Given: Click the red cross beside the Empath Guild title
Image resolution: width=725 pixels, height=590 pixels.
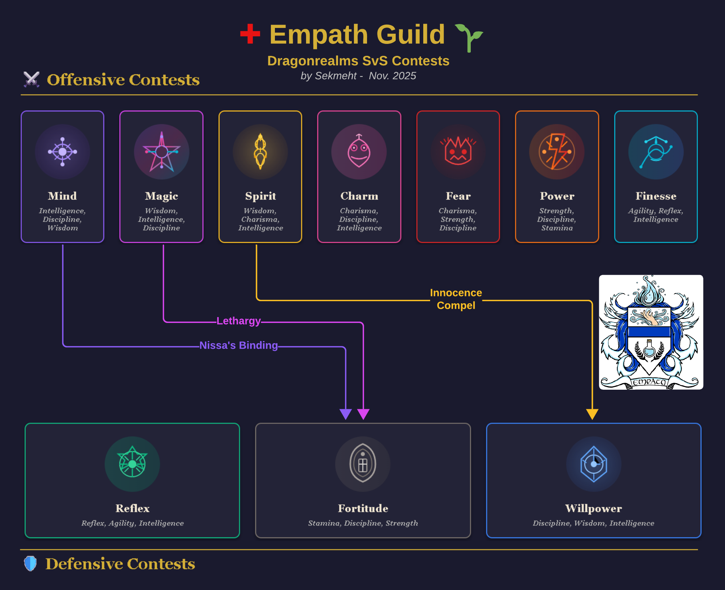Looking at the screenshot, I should [250, 34].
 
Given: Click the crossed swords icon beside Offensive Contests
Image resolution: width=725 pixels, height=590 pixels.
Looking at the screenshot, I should [32, 79].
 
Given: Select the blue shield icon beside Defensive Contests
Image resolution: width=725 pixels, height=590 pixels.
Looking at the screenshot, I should [30, 564].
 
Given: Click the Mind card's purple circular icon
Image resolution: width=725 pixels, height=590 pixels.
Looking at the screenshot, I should [62, 152].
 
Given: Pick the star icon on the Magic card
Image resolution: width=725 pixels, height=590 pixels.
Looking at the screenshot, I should [161, 152].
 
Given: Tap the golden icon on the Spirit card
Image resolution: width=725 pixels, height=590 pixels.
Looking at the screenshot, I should [260, 152].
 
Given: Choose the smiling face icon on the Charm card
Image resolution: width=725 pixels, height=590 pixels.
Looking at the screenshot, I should [359, 152].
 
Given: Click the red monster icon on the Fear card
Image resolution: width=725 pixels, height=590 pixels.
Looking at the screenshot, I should [458, 152].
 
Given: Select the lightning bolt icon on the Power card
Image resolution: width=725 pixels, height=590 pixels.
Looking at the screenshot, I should [557, 152].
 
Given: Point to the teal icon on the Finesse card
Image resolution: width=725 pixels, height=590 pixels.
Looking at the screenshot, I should [656, 152].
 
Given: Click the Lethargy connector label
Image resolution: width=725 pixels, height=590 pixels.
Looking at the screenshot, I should [238, 321].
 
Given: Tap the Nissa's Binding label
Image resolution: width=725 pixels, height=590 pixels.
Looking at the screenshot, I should [238, 345].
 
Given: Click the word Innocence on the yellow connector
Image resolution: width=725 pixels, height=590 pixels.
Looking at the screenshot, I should [456, 293].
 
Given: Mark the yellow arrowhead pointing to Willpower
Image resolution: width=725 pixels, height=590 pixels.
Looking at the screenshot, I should [592, 414].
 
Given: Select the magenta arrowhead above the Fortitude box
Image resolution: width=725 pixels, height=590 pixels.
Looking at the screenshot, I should [363, 414].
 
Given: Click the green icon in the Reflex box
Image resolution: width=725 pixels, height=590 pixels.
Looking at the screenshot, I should [132, 464].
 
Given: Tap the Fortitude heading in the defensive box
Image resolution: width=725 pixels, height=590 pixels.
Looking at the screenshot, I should [363, 508].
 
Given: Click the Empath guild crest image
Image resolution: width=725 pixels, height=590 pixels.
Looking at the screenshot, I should [651, 332].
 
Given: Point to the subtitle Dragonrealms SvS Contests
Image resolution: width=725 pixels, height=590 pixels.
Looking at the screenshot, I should [358, 61].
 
